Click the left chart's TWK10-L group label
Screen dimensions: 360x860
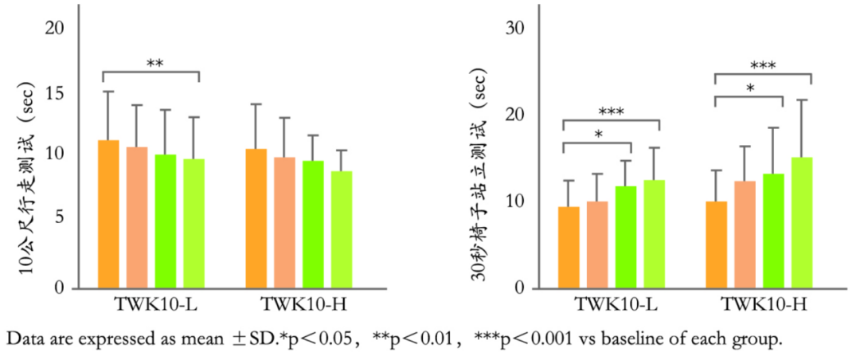pyautogui.click(x=150, y=305)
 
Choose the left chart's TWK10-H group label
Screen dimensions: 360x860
pyautogui.click(x=299, y=305)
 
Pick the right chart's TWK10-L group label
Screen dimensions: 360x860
pyautogui.click(x=611, y=305)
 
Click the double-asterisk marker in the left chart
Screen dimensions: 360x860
pyautogui.click(x=155, y=63)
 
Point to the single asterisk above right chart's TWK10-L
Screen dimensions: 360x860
pyautogui.click(x=597, y=135)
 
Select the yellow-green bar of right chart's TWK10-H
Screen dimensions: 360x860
pyautogui.click(x=801, y=222)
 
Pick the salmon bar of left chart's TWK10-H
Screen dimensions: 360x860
pyautogui.click(x=284, y=222)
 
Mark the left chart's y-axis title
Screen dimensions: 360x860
pyautogui.click(x=25, y=178)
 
